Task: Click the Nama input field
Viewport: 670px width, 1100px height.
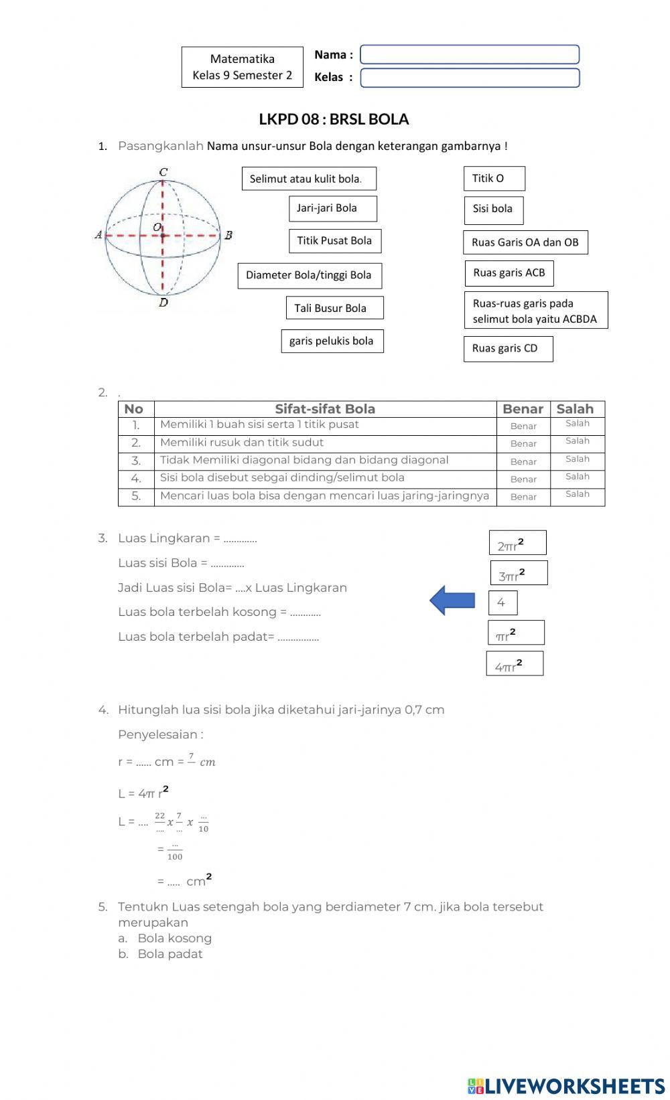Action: click(x=469, y=55)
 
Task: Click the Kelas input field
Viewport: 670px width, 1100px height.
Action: click(x=469, y=78)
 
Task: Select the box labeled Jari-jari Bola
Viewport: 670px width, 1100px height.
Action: click(x=332, y=208)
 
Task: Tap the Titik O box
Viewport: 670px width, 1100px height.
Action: click(x=494, y=178)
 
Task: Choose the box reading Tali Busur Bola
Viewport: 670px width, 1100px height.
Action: click(x=334, y=308)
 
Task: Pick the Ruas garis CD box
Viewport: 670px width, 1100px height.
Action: click(x=508, y=348)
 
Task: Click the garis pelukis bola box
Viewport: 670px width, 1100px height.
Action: click(x=332, y=341)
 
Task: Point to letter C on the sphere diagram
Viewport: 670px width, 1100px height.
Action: click(x=163, y=173)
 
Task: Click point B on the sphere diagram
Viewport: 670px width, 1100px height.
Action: click(x=228, y=235)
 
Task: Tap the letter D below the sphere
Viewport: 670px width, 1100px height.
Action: click(x=163, y=303)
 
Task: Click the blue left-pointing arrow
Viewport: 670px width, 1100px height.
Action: click(x=452, y=600)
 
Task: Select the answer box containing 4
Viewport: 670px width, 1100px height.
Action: click(x=503, y=603)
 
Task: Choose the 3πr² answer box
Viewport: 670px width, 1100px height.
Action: click(x=519, y=573)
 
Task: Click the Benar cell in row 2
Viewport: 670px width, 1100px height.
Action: click(x=523, y=444)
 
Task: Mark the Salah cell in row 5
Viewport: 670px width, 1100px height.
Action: click(x=577, y=495)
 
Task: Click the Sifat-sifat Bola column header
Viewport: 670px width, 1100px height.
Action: click(x=325, y=409)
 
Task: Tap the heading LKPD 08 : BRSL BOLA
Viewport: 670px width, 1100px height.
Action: click(x=334, y=119)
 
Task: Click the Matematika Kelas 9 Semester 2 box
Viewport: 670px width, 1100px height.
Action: click(x=242, y=67)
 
